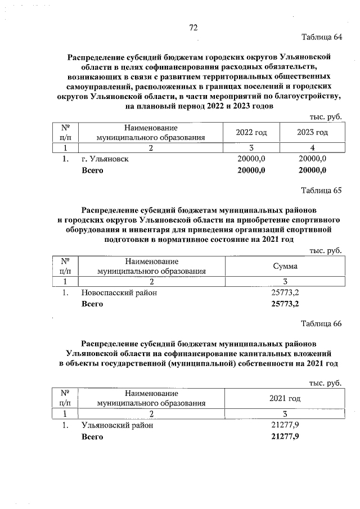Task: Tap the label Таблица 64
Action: [x=322, y=38]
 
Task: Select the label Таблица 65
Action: [x=322, y=190]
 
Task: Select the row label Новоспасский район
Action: [x=119, y=292]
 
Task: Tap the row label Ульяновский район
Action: [x=117, y=425]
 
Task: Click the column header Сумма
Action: [x=285, y=265]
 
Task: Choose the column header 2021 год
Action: [x=285, y=398]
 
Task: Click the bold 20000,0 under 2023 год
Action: [x=312, y=170]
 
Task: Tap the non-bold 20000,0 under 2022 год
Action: [x=251, y=159]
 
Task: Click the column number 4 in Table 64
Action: [x=312, y=148]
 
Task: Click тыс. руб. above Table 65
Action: [x=326, y=250]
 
